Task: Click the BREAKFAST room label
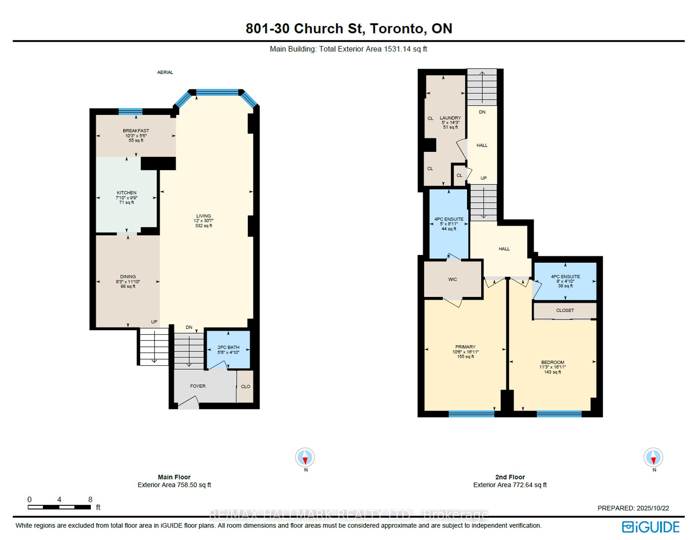point(136,131)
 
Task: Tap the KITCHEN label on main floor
point(127,193)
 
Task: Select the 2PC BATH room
point(228,350)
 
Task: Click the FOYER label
point(198,386)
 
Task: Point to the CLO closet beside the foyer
point(245,386)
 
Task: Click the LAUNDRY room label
point(450,118)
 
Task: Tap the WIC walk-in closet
point(453,279)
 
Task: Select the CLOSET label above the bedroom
point(565,310)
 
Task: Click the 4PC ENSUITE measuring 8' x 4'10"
point(565,281)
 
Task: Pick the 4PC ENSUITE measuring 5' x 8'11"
point(449,224)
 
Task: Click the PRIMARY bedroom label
point(465,347)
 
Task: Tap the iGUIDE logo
point(650,527)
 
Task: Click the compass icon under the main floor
point(305,458)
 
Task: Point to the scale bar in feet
point(59,507)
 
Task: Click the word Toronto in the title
point(398,28)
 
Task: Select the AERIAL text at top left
point(165,72)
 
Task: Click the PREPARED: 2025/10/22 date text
point(633,508)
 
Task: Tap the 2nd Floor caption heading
point(510,477)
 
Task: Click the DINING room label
point(128,277)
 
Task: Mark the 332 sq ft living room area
point(203,226)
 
